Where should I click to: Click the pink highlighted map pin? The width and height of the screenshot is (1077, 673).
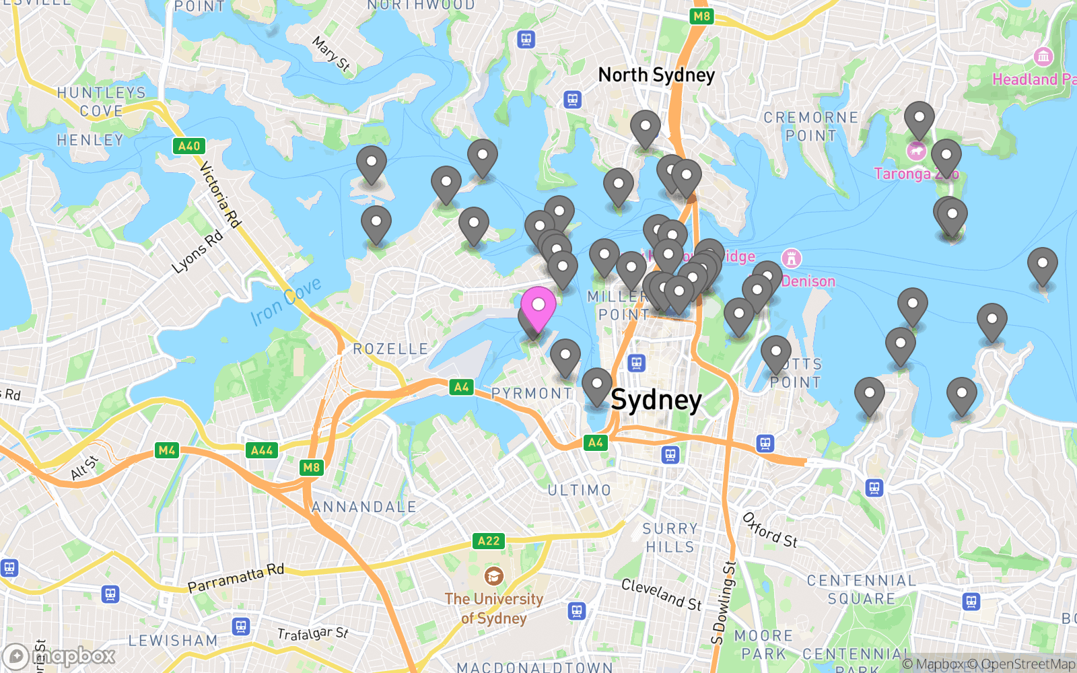tap(538, 306)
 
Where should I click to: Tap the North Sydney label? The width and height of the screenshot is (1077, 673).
tap(656, 75)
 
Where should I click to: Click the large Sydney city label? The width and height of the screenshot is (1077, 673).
tap(656, 400)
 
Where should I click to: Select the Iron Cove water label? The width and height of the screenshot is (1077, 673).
tap(285, 302)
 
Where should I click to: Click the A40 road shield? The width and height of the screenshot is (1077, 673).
tap(189, 146)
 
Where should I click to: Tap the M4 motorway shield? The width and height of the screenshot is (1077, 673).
tap(167, 450)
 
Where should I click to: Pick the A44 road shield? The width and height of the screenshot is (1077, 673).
tap(262, 450)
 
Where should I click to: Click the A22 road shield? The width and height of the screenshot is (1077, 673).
tap(489, 540)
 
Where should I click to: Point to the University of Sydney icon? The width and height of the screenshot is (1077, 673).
tap(493, 576)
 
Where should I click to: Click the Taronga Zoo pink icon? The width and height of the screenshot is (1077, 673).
tap(916, 151)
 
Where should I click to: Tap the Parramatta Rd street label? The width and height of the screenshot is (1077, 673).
tap(236, 579)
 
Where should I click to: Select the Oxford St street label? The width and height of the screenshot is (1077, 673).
tap(769, 530)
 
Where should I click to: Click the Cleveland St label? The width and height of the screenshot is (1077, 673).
tap(661, 594)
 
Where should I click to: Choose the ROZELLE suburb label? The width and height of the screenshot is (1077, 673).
tap(390, 349)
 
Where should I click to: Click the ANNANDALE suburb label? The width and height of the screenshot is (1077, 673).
tap(364, 507)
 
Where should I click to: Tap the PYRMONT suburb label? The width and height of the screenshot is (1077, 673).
tap(532, 393)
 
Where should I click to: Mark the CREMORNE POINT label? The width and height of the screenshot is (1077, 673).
tap(810, 127)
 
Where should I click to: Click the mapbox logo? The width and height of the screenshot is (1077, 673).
tap(59, 656)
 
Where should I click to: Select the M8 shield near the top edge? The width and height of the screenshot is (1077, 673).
tap(701, 16)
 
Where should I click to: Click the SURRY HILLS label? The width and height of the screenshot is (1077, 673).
tap(669, 538)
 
